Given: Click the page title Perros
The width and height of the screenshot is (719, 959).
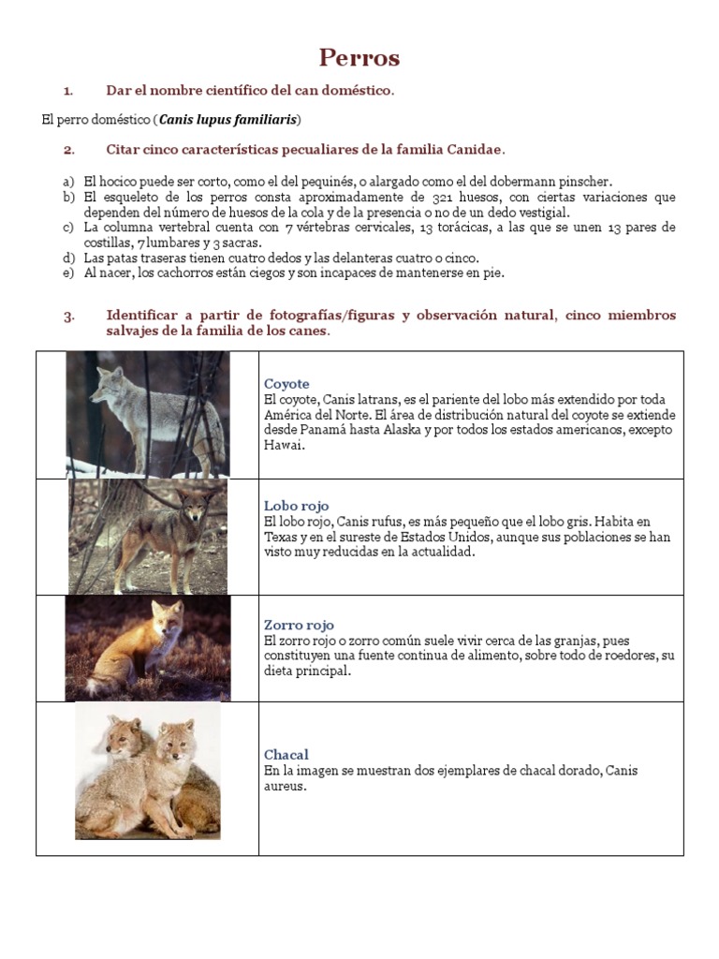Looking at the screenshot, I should [359, 58].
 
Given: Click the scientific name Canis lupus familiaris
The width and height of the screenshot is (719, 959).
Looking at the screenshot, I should [228, 120].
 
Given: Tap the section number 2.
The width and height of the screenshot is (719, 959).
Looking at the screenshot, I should [68, 150].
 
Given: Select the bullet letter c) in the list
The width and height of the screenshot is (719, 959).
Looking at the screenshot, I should [68, 228].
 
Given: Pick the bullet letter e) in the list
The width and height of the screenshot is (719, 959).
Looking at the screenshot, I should [68, 273].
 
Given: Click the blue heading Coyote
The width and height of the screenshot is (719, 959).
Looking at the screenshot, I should [286, 384].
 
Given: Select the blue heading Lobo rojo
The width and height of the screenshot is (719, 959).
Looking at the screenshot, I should [296, 506].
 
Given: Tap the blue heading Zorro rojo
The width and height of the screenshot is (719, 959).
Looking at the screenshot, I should [299, 625].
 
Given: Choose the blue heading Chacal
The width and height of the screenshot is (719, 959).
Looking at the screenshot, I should [286, 755].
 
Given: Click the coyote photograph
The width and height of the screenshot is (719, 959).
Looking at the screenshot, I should [147, 414].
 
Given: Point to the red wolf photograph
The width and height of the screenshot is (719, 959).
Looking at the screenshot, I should [147, 537].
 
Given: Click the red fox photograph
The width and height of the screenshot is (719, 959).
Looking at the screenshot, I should [147, 647].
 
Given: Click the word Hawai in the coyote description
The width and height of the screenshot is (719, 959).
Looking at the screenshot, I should [285, 446].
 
